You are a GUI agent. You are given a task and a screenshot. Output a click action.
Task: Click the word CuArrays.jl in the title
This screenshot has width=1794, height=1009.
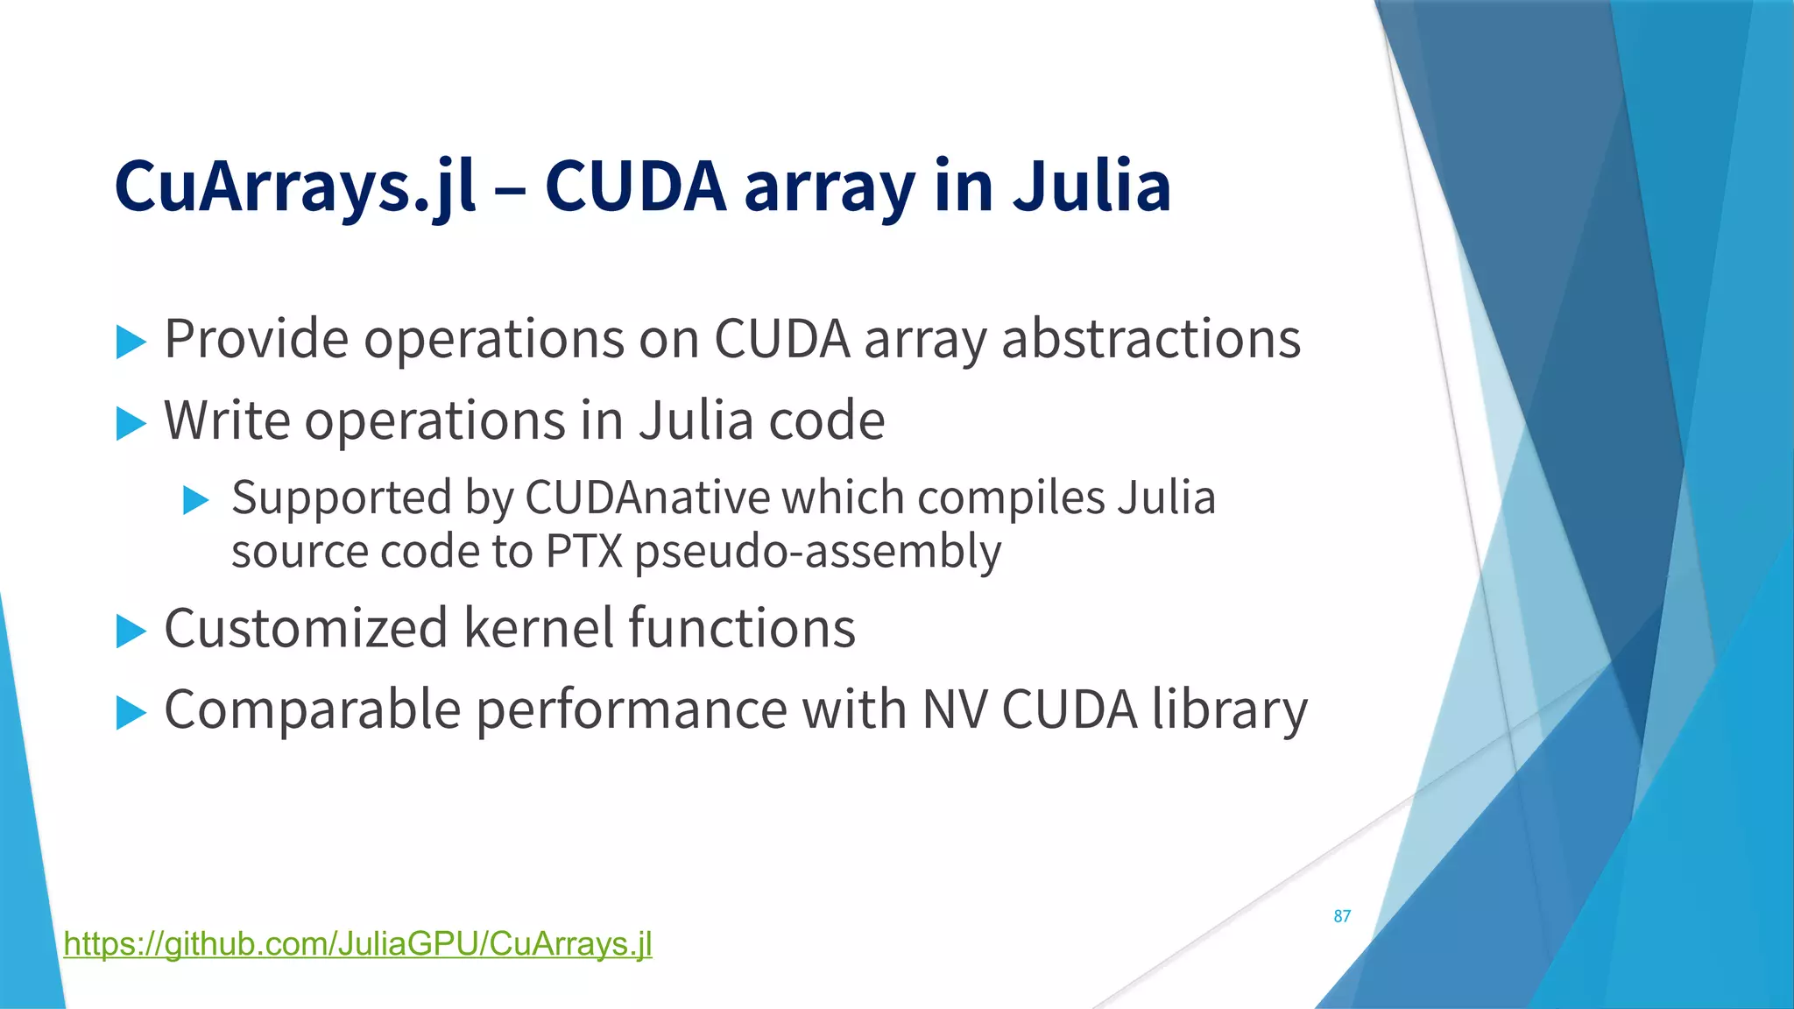(295, 187)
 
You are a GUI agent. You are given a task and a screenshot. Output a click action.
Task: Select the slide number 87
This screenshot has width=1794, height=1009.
(1342, 916)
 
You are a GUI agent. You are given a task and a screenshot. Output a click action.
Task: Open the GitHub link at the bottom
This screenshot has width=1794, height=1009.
(357, 944)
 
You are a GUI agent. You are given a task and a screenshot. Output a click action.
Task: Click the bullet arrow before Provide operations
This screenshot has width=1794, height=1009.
(131, 342)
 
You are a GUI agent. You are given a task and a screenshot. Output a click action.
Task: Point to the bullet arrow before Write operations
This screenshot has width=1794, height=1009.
(131, 424)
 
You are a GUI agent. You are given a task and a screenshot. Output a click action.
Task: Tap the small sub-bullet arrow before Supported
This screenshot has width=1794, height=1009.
(196, 501)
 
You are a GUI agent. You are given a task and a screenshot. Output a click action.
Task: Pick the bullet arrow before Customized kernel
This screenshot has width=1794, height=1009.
(131, 631)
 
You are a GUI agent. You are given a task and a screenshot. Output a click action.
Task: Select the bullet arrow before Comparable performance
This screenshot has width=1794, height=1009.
(131, 713)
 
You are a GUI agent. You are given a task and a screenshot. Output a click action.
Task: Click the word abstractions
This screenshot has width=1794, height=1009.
(1151, 339)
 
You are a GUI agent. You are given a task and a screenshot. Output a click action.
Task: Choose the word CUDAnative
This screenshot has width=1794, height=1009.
(646, 498)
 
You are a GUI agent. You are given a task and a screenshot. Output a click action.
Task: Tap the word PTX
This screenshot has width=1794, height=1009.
(583, 552)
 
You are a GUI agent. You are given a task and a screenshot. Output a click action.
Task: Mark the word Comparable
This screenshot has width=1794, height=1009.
(313, 709)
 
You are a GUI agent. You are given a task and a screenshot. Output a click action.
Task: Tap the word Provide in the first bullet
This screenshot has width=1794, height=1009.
(257, 339)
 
